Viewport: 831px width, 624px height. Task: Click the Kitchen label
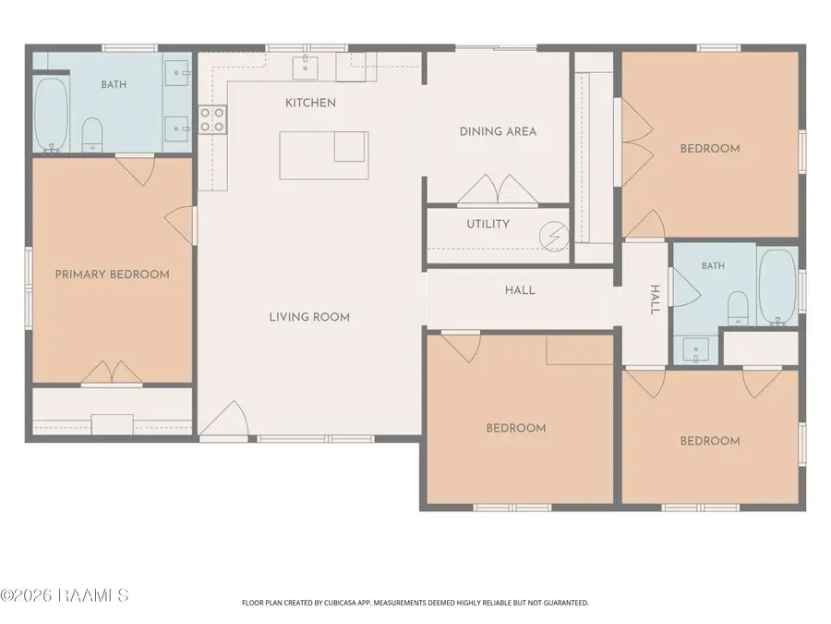(310, 103)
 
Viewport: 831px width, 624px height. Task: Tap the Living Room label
(309, 317)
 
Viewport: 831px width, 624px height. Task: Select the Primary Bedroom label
(113, 275)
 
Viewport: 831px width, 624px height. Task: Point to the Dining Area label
(498, 131)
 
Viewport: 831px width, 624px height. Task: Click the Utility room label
(488, 224)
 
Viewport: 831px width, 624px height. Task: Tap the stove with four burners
(212, 119)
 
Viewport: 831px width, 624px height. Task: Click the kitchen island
(324, 155)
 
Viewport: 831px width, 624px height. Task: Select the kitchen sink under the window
(306, 67)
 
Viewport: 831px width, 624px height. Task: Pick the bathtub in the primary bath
(51, 115)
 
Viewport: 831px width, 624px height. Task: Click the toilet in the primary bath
(92, 135)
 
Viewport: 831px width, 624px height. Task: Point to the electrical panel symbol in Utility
(554, 236)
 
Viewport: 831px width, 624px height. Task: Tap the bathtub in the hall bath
(777, 288)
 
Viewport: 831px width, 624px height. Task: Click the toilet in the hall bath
(738, 308)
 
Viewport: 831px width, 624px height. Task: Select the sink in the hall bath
(695, 350)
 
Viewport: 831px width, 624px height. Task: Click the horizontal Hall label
(520, 290)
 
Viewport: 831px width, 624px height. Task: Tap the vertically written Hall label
(655, 300)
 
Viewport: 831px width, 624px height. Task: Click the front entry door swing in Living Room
(224, 419)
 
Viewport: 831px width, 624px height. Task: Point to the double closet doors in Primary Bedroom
(112, 372)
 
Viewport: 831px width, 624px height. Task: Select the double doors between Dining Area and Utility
(498, 189)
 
